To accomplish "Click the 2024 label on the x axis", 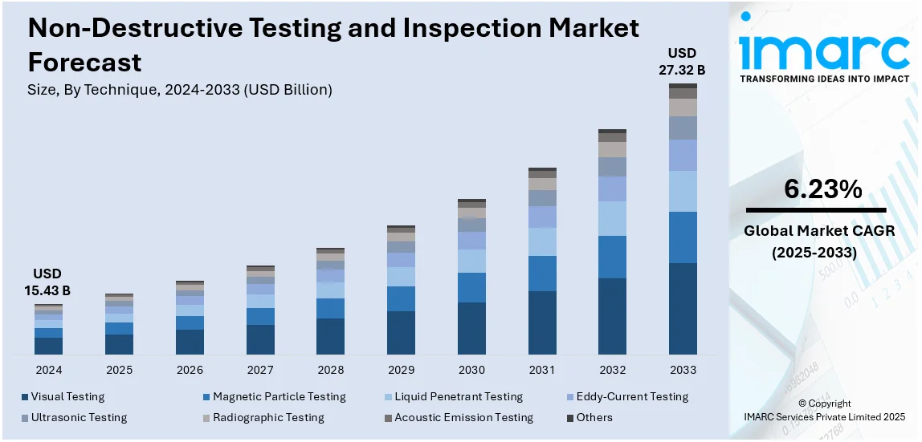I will [48, 370].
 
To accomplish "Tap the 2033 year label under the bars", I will [683, 370].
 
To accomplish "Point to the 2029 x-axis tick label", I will [401, 370].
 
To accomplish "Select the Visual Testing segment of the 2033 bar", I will [683, 308].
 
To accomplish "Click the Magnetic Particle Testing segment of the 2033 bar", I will [683, 237].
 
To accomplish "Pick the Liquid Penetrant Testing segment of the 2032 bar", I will [612, 218].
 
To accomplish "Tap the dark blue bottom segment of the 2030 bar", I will [471, 328].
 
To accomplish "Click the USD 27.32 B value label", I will [683, 62].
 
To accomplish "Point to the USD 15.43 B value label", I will [48, 282].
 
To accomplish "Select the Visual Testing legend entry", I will [67, 396].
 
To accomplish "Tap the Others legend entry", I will [594, 417].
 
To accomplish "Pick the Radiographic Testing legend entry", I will [267, 417].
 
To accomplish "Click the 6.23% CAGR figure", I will [823, 189].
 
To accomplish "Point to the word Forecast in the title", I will [84, 62].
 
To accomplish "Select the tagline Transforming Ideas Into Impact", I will [824, 79].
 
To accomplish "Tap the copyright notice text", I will [825, 410].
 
